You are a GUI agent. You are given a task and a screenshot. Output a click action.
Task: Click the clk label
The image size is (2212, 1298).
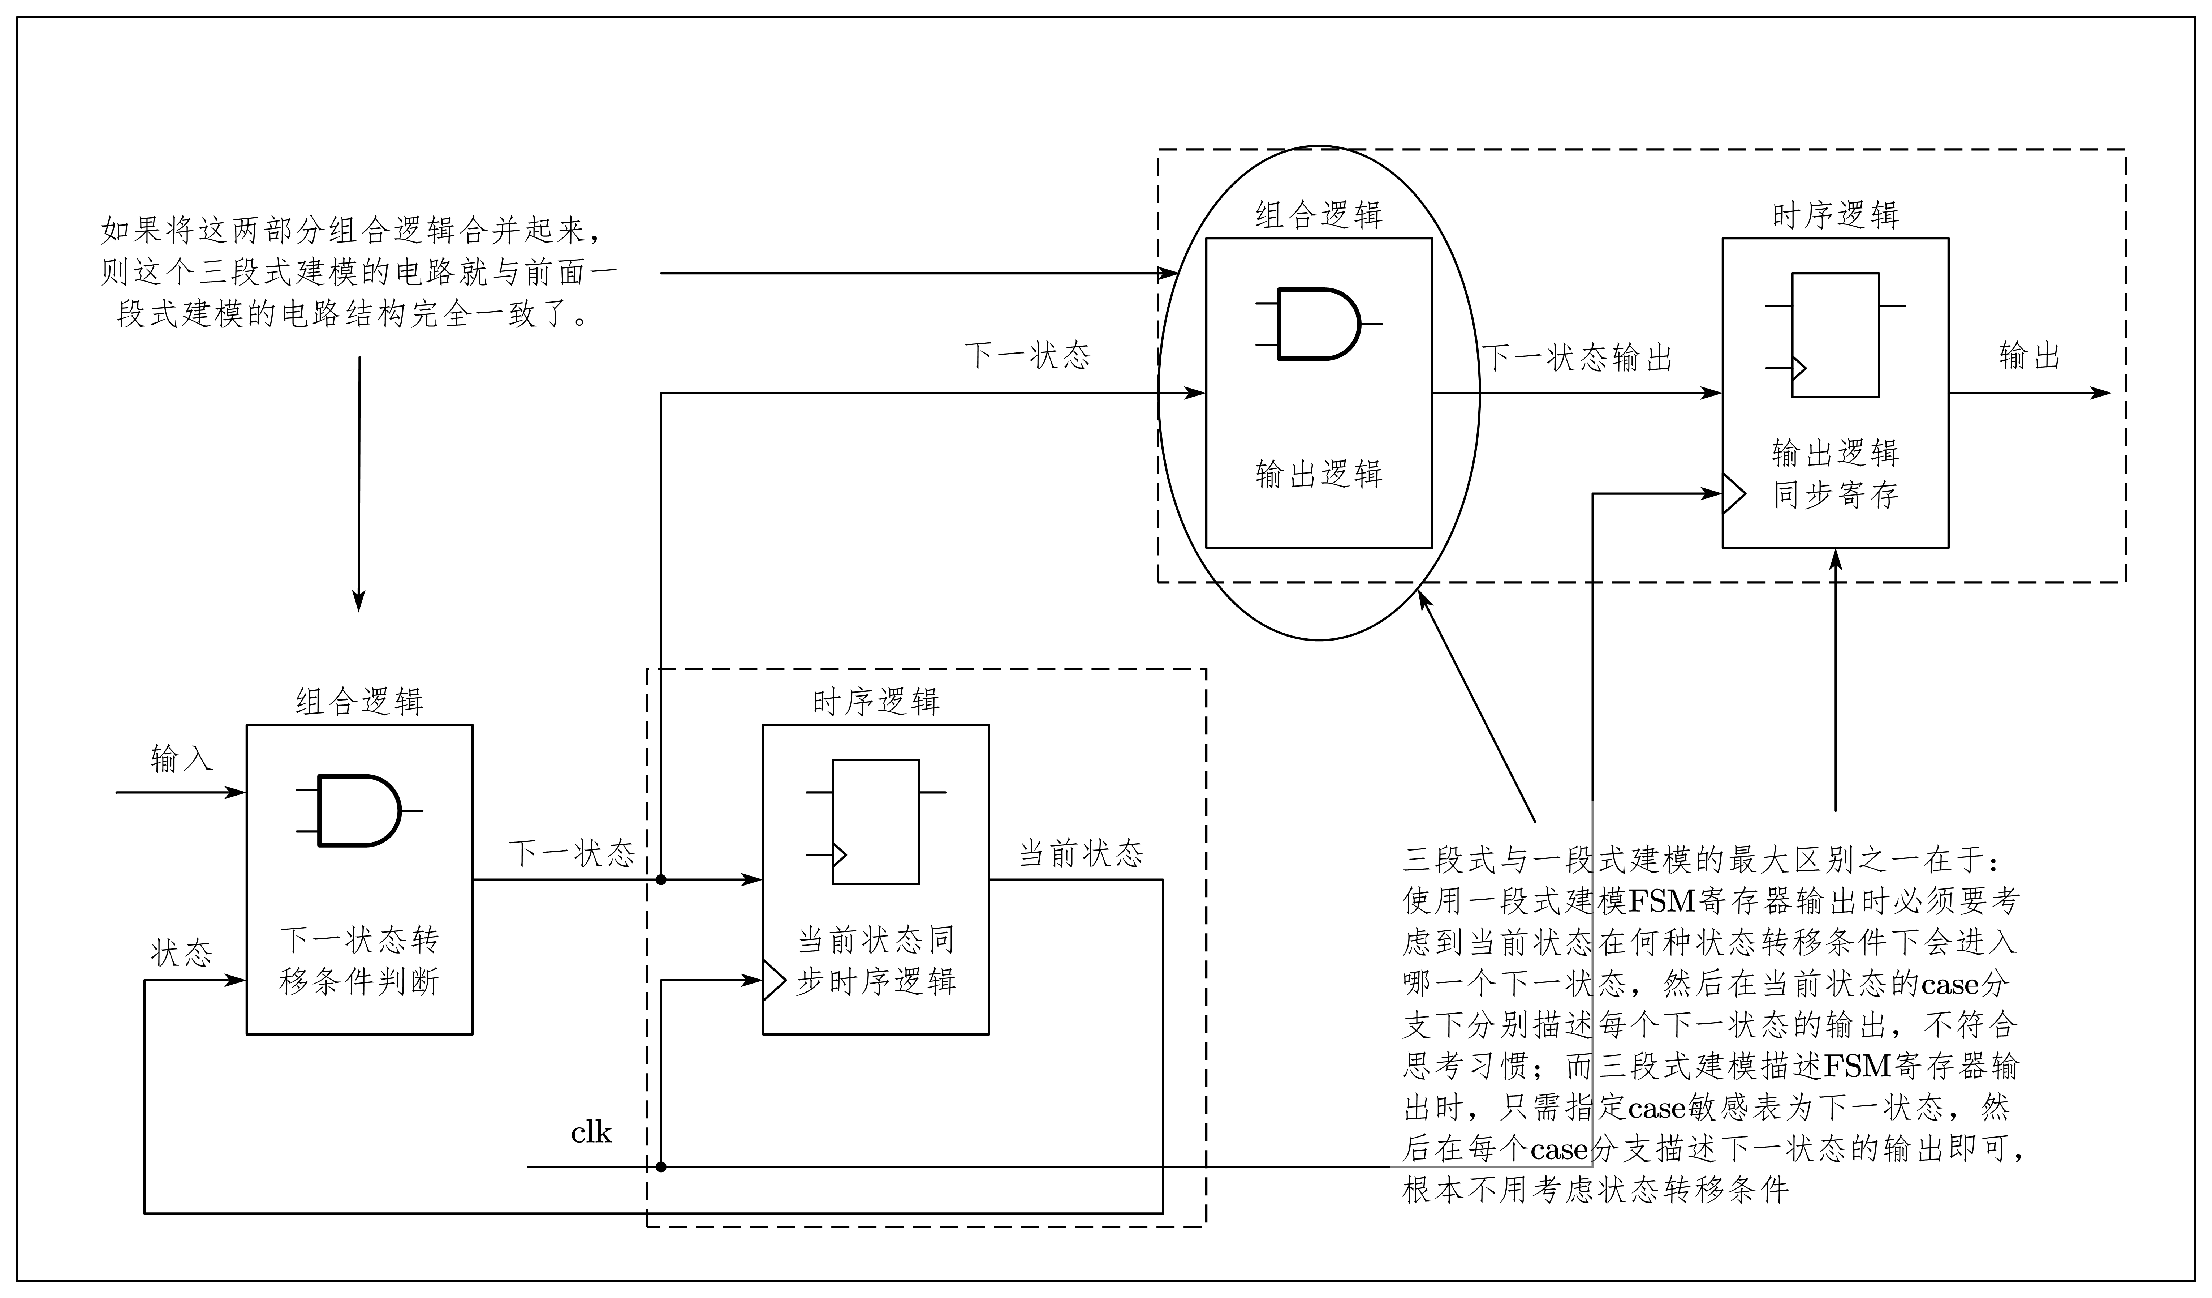[x=591, y=1133]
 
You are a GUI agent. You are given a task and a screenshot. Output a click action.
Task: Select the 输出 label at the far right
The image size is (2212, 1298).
[x=2028, y=356]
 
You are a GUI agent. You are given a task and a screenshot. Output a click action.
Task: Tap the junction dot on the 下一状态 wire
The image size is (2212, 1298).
[x=661, y=879]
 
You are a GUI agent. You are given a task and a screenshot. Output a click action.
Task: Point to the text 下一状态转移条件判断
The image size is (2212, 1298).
[x=359, y=961]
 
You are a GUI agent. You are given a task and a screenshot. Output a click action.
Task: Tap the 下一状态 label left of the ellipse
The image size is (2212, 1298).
[x=1027, y=356]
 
